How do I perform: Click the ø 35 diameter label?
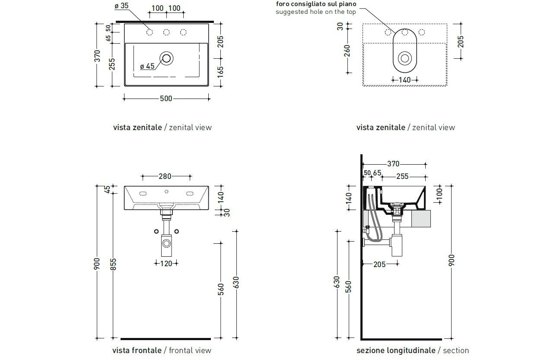coord(121,6)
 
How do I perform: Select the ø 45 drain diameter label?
coord(147,66)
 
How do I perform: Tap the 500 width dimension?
coord(166,99)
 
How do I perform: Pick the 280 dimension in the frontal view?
coord(165,176)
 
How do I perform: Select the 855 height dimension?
coord(114,264)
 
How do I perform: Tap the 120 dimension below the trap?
coord(166,263)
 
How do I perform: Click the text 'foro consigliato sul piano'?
coord(316,4)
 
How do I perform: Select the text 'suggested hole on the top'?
coord(316,12)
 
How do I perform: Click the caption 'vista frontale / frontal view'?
coord(162,350)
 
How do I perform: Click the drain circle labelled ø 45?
coord(166,57)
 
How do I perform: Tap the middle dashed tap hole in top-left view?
coord(166,32)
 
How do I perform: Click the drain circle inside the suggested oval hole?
coord(405,58)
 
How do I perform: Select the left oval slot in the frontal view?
coord(143,193)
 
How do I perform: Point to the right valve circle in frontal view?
coord(177,231)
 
